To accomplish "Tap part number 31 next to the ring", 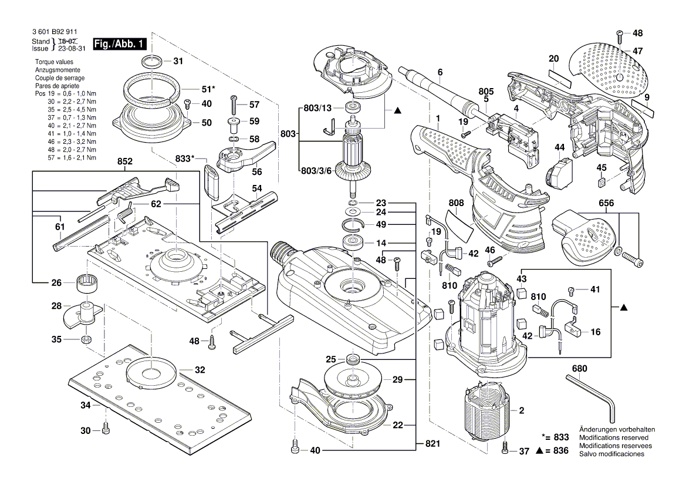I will (178, 61).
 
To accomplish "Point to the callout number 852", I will (124, 161).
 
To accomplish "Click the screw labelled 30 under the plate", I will (106, 430).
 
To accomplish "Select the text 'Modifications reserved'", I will (613, 437).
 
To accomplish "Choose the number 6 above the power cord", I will (439, 72).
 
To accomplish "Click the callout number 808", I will (456, 204).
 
